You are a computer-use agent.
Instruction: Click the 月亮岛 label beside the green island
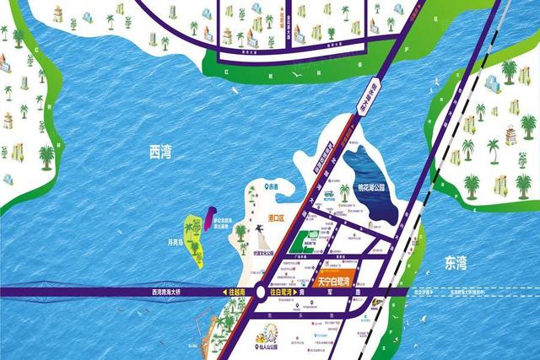[x=175, y=241]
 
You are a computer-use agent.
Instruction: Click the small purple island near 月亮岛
[x=212, y=218]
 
